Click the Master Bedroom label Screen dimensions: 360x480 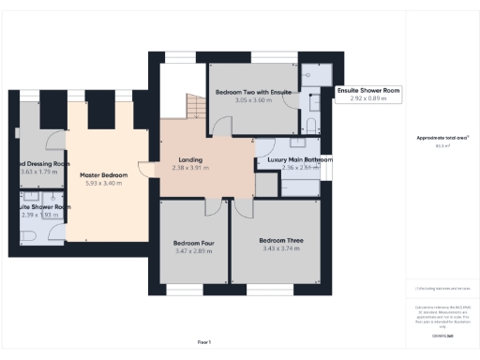pyautogui.click(x=102, y=175)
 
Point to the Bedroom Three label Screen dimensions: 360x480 pyautogui.click(x=282, y=240)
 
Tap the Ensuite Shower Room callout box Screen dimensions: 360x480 pyautogui.click(x=367, y=95)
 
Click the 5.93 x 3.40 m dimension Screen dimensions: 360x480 pyautogui.click(x=102, y=184)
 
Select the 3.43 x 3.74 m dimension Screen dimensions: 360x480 pyautogui.click(x=282, y=248)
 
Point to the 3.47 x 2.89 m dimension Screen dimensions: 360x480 pyautogui.click(x=193, y=252)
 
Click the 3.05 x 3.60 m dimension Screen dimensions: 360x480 pyautogui.click(x=249, y=101)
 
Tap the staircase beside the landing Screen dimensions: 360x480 pyautogui.click(x=192, y=107)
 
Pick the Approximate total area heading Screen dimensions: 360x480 pyautogui.click(x=442, y=139)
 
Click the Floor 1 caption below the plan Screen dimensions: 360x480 pyautogui.click(x=203, y=342)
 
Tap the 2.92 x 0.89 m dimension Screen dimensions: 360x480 pyautogui.click(x=367, y=98)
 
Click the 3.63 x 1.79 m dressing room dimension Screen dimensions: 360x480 pyautogui.click(x=42, y=172)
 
